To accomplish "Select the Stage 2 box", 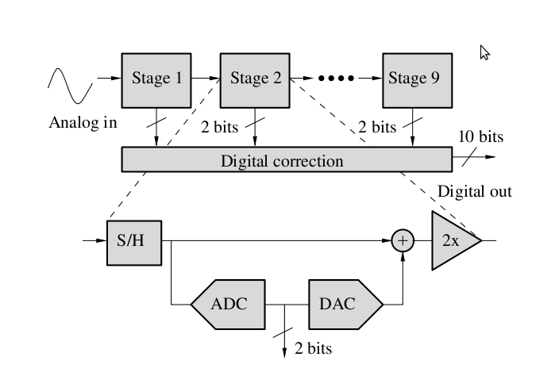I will (255, 79).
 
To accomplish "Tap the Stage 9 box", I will (413, 79).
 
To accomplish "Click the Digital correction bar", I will (286, 161).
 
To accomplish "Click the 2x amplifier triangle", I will (453, 240).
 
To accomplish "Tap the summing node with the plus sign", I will (403, 240).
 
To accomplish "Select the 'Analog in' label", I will (83, 123).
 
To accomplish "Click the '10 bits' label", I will (480, 137).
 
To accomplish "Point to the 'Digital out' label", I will (475, 192).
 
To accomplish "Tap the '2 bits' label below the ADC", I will (313, 348).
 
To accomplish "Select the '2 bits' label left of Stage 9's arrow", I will (377, 127).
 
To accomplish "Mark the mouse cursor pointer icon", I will (485, 52).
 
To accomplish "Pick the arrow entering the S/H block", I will (94, 240).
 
